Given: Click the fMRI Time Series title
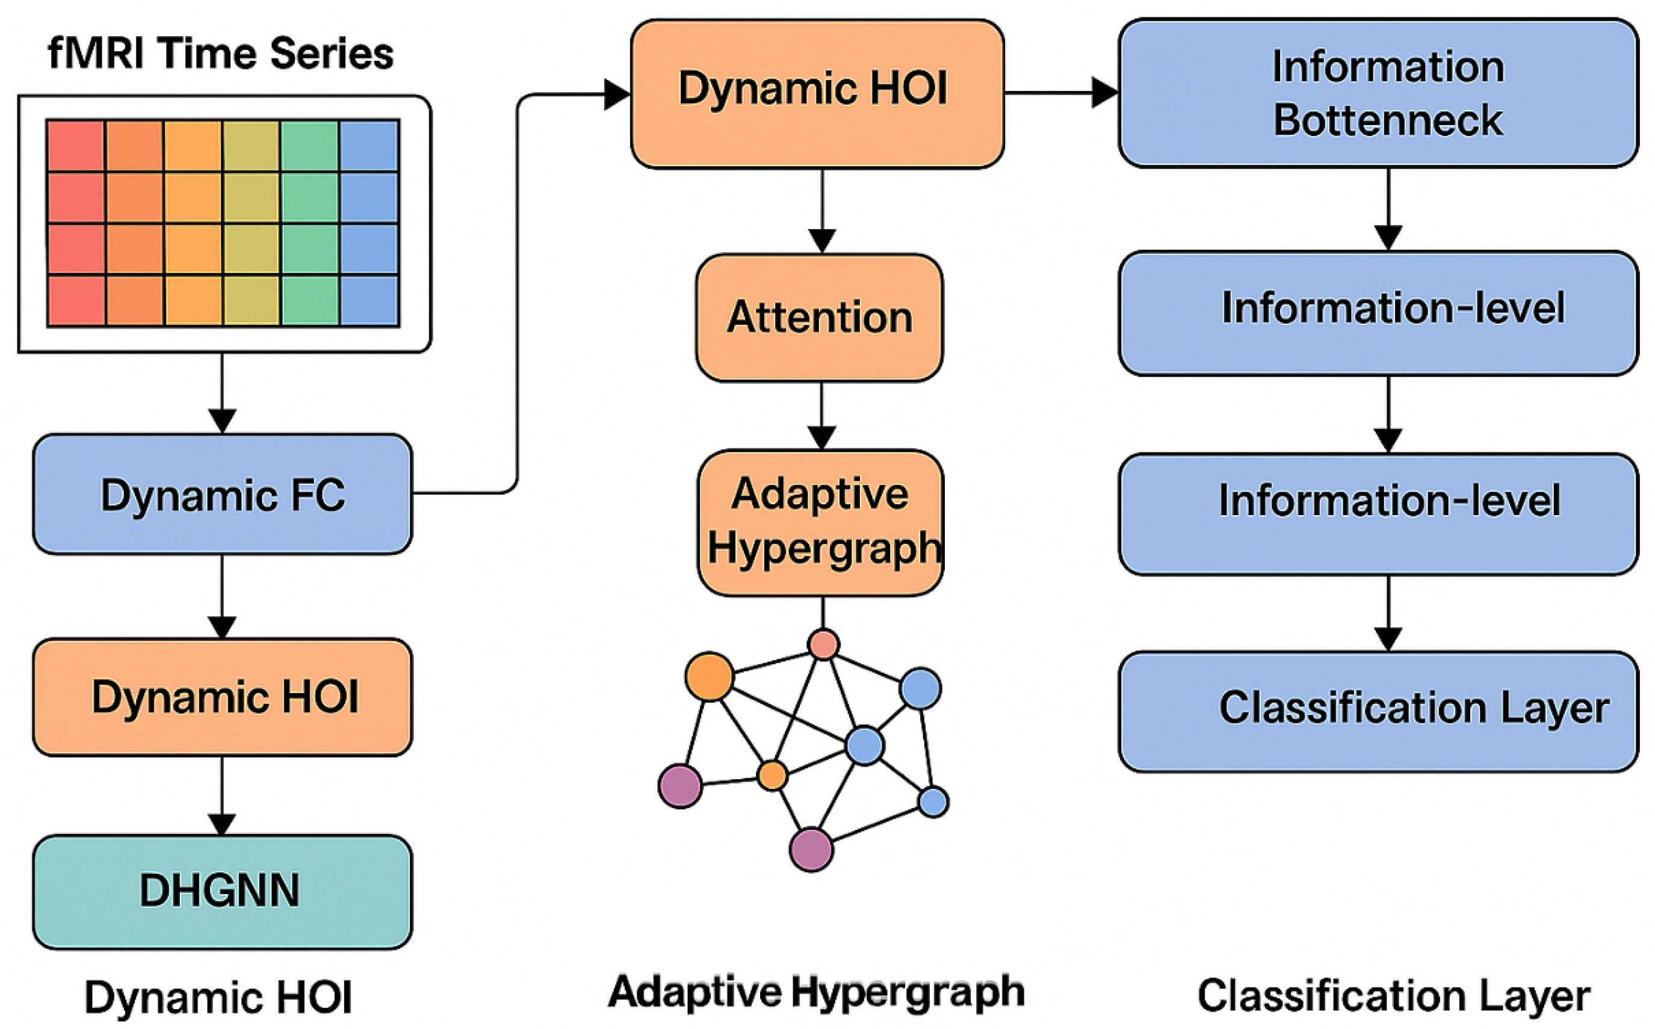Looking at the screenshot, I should click(220, 53).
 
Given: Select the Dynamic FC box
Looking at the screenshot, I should click(223, 494).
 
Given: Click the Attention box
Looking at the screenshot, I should click(819, 317).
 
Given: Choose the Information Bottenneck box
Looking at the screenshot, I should click(1378, 93).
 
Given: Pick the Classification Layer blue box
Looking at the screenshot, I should click(1378, 711).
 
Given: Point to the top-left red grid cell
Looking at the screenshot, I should click(76, 146).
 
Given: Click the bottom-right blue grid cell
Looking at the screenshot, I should click(370, 301).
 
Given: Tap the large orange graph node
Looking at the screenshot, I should click(709, 676).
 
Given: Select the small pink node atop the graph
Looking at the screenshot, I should click(823, 644).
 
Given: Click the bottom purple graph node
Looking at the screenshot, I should click(811, 848).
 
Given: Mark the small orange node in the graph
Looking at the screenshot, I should click(772, 774).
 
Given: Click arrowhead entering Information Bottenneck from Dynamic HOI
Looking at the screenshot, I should click(1104, 93).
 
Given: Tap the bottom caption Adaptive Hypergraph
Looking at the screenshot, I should click(817, 991).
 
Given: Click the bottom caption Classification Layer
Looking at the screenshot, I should click(1394, 996).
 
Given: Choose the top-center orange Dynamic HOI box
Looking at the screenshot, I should click(817, 93).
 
